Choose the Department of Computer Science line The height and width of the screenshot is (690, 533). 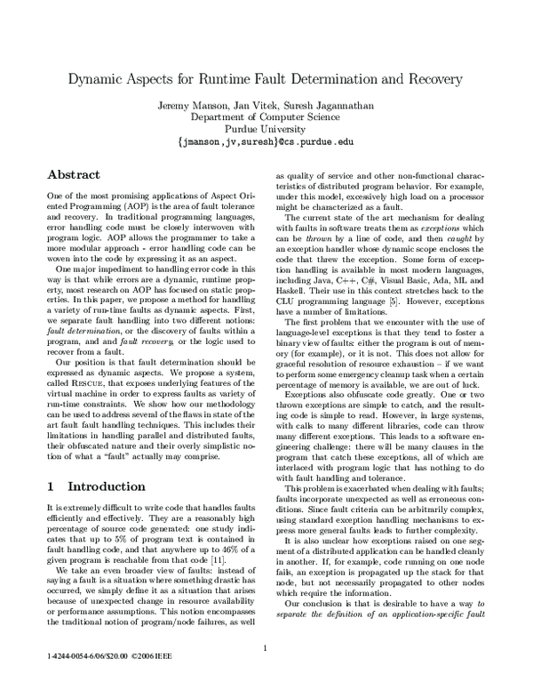click(x=267, y=116)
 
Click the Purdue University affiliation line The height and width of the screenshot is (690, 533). click(x=267, y=128)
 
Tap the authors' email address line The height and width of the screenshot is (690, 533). click(x=267, y=141)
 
